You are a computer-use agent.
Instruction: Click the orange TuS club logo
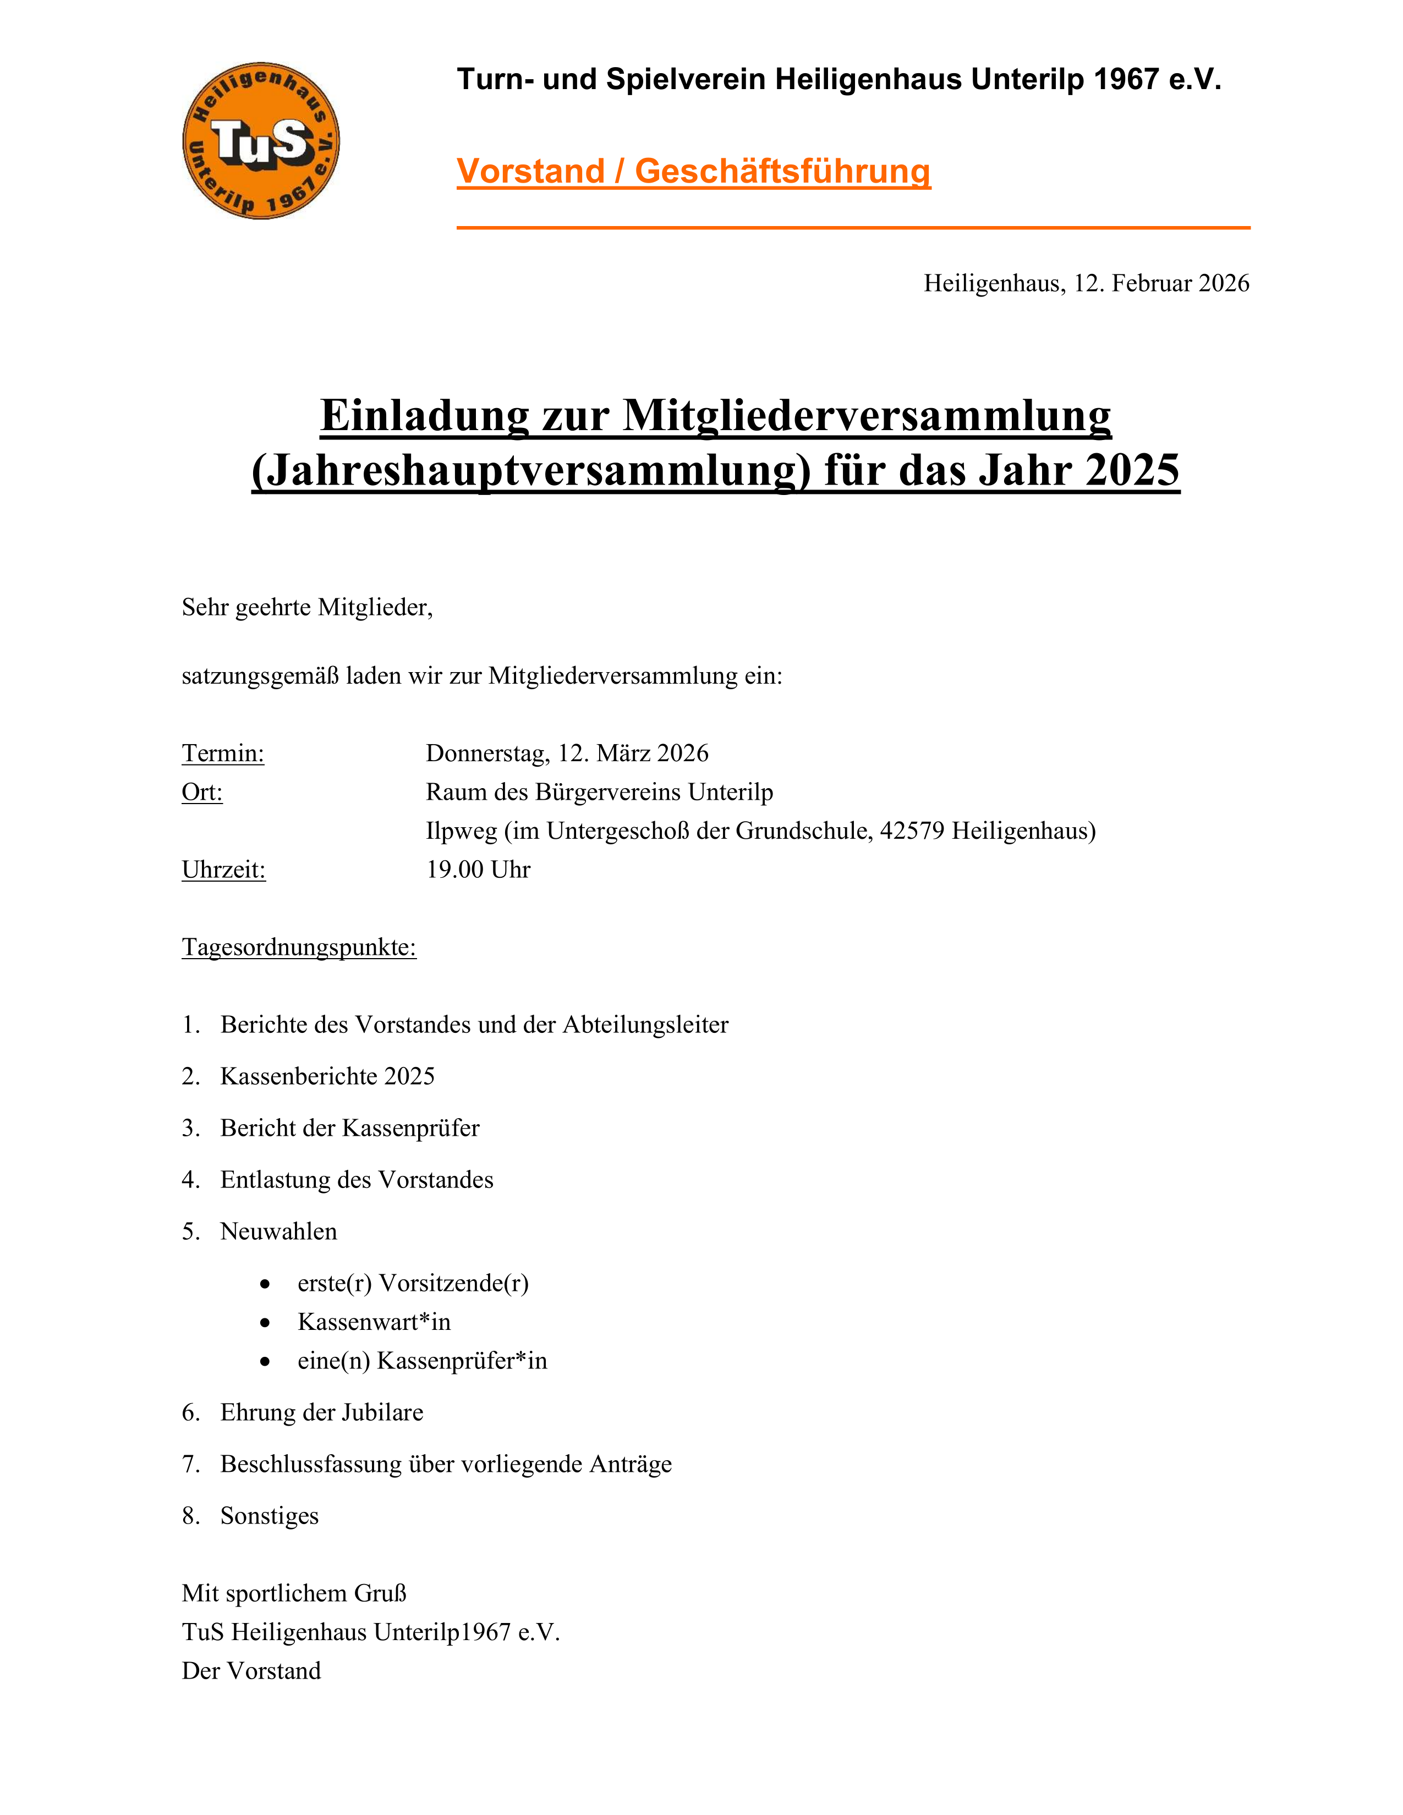(x=261, y=140)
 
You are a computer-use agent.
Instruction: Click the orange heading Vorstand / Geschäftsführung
(x=693, y=171)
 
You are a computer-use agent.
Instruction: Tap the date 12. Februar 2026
(x=1161, y=283)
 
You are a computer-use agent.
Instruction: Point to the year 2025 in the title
(x=1132, y=470)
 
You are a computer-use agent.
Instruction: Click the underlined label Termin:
(x=223, y=753)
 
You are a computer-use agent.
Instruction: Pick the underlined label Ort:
(x=202, y=792)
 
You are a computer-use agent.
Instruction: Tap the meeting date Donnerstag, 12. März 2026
(x=567, y=753)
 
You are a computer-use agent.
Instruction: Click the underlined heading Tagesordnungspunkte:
(x=299, y=948)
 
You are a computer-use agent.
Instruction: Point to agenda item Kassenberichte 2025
(x=327, y=1076)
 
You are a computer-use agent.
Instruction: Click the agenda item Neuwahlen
(x=278, y=1231)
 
